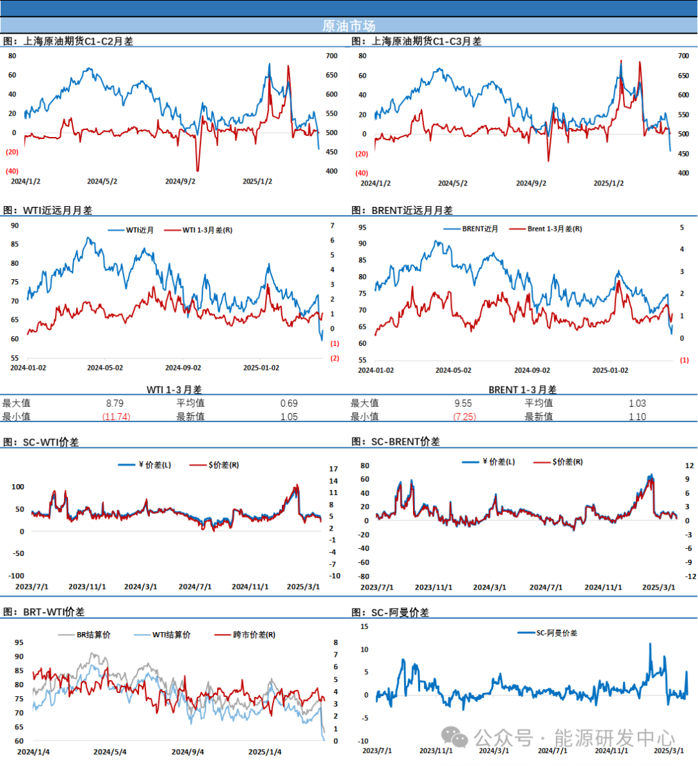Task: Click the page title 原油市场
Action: [x=348, y=26]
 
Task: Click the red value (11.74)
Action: [x=116, y=417]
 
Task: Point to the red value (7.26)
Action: [x=465, y=417]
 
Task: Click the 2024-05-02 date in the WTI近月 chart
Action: [x=105, y=368]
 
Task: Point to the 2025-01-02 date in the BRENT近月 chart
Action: [x=610, y=370]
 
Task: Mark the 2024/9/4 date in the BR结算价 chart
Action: [x=187, y=752]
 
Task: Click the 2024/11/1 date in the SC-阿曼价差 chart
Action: [x=611, y=750]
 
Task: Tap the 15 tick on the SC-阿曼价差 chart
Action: [x=365, y=626]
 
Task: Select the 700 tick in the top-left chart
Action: [x=332, y=56]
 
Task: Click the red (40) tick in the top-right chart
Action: [x=362, y=173]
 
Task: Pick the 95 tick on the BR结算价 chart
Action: [x=19, y=643]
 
